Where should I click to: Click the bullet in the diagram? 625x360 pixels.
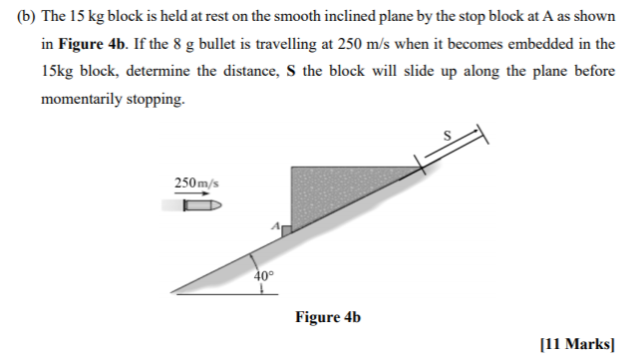click(x=203, y=206)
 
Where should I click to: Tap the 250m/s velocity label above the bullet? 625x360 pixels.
click(x=196, y=182)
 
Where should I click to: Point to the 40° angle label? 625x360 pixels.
click(x=262, y=276)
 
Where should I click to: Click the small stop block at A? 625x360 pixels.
click(x=286, y=231)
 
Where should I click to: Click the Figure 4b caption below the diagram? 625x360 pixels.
click(x=328, y=318)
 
